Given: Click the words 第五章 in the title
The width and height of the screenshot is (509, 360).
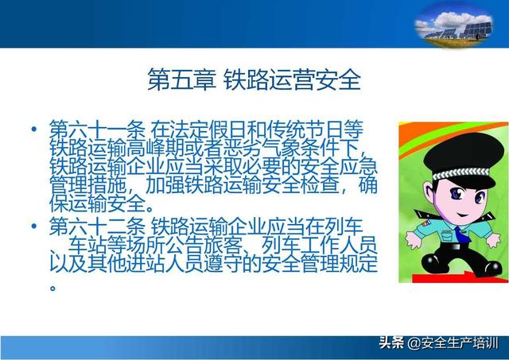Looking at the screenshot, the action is click(181, 79).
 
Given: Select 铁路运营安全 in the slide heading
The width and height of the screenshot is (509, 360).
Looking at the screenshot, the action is click(292, 79).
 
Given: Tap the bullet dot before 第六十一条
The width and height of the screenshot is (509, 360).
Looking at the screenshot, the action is click(33, 129).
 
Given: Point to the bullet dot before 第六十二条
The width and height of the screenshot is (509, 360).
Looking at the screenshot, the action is click(33, 226).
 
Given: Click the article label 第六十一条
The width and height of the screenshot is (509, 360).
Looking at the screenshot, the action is click(97, 129).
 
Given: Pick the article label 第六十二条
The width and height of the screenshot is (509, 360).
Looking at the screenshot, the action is click(97, 226).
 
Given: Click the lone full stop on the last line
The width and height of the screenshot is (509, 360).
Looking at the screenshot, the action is click(53, 288).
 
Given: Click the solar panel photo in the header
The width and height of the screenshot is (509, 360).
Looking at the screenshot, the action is click(453, 25).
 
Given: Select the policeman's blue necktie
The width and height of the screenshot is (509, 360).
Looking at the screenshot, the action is click(462, 234).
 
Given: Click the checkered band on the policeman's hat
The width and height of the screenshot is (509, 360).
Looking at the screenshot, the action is click(461, 173).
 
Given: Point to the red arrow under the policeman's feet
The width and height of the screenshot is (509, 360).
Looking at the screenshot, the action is click(454, 277).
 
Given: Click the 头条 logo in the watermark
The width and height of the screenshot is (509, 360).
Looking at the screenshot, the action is click(391, 343).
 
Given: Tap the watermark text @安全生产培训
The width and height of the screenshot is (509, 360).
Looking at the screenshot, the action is click(453, 343).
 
